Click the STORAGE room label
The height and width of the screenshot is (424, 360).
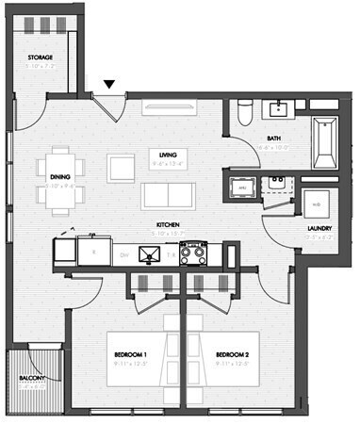click(x=41, y=58)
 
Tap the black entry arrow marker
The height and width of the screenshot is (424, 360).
click(x=109, y=85)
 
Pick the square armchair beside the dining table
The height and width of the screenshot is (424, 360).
click(x=123, y=168)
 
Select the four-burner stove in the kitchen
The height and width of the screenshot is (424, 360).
click(x=193, y=252)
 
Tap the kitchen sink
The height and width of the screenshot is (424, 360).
click(x=149, y=253)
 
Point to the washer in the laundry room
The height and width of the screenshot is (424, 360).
click(x=315, y=202)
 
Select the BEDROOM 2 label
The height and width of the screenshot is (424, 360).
click(x=231, y=355)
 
